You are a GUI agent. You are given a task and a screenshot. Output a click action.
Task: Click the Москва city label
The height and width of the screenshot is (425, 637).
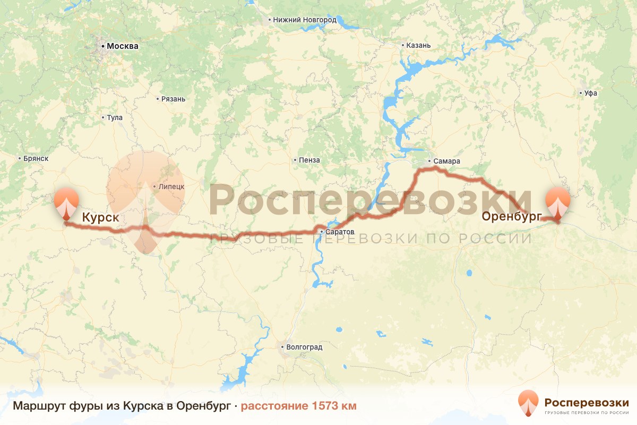(122, 46)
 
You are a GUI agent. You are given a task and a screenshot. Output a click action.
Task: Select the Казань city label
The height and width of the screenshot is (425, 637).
(418, 45)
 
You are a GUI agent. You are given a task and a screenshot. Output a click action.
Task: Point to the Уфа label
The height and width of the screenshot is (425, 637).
(590, 93)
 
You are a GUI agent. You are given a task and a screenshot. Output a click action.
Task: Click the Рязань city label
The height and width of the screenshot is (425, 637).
(174, 99)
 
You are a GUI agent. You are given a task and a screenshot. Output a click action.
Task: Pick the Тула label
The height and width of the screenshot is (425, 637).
(115, 117)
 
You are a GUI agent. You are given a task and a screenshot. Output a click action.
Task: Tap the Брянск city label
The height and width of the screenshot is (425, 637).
(36, 158)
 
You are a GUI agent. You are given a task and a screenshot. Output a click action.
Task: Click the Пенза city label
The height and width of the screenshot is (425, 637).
(309, 160)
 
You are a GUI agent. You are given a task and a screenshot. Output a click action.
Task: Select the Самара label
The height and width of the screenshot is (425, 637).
(446, 161)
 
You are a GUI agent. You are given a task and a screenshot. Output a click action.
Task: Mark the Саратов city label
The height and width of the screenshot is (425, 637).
(340, 232)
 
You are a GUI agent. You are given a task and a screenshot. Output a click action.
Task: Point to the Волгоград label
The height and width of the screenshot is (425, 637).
(304, 347)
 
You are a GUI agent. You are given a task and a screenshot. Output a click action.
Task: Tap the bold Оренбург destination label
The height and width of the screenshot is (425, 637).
(511, 216)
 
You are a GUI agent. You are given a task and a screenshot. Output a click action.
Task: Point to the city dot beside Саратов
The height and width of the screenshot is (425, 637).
(322, 232)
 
